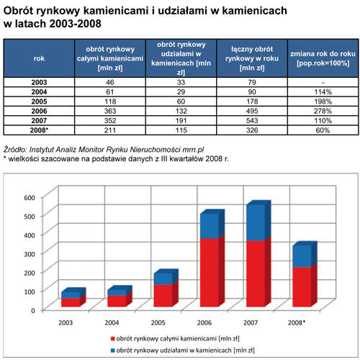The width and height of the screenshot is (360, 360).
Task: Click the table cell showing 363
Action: coord(110,111)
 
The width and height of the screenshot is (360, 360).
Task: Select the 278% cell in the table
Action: coord(323,111)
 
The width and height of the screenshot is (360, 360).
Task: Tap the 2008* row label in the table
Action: coord(39,130)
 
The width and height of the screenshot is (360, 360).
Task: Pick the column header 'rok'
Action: coord(39,58)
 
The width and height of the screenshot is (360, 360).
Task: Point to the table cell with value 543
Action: coord(252,121)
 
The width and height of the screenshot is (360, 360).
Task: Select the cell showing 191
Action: coord(181,121)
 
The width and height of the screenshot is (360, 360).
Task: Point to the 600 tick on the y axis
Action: coord(30,197)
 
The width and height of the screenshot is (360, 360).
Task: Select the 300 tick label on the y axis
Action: coord(30,253)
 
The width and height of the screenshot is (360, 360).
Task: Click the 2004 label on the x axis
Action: coord(112,323)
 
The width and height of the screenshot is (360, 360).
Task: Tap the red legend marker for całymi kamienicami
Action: coord(113,338)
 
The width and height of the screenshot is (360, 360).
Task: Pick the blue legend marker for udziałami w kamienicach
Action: coord(113,351)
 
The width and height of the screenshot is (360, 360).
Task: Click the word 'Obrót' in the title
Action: coord(17,11)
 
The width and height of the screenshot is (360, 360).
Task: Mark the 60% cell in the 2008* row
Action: coord(323,130)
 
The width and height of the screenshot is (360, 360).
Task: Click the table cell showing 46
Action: coord(110,82)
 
